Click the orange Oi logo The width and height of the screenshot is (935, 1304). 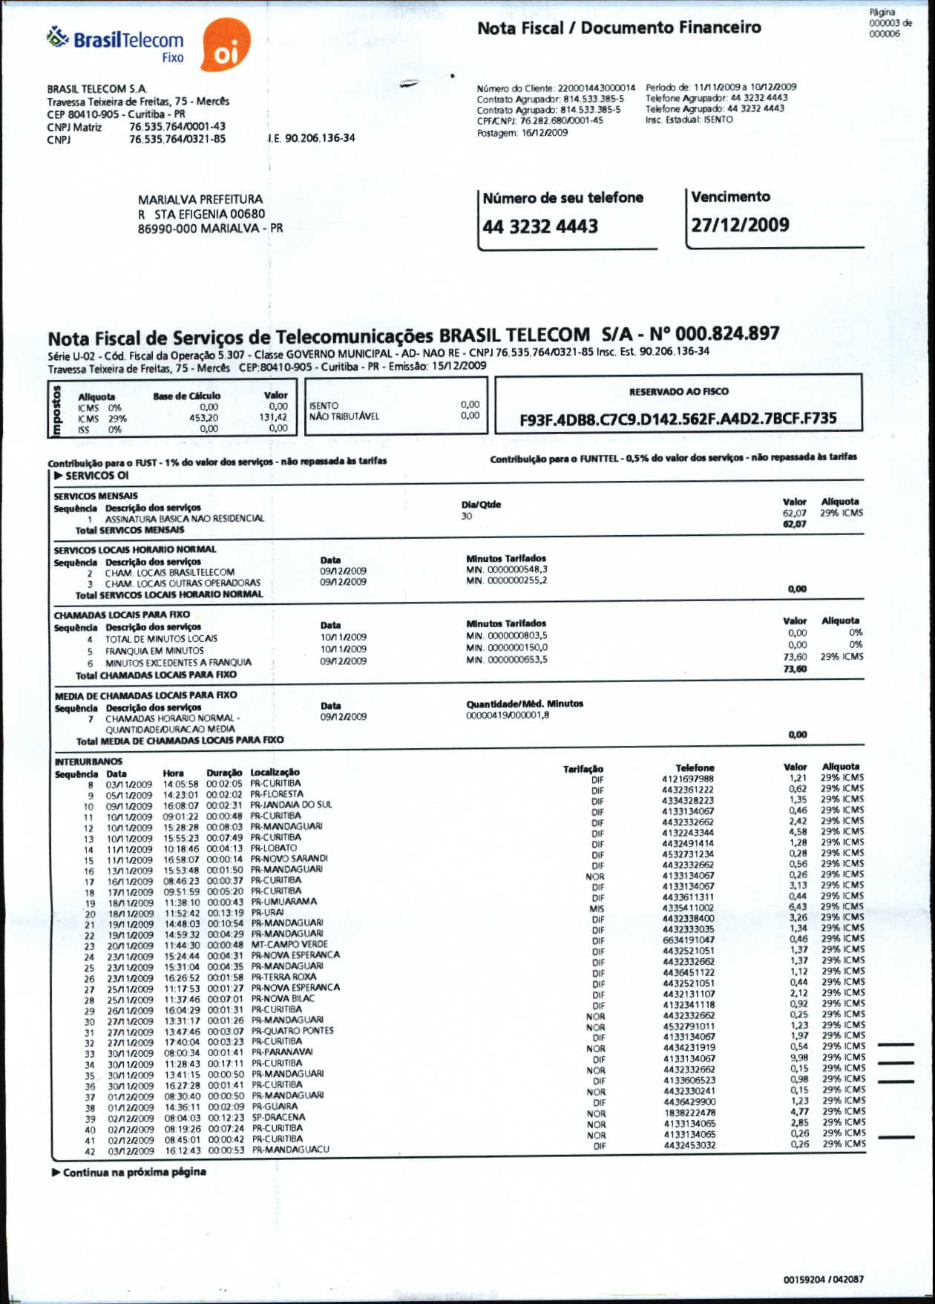[x=226, y=45]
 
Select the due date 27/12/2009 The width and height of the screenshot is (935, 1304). [x=740, y=226]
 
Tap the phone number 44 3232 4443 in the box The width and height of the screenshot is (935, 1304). [x=540, y=226]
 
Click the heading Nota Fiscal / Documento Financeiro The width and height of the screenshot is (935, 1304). [x=619, y=28]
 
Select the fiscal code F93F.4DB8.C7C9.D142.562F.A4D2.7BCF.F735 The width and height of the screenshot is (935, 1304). [x=678, y=419]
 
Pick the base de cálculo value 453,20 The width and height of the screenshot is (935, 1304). [x=203, y=418]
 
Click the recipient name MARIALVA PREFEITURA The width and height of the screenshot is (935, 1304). [x=200, y=200]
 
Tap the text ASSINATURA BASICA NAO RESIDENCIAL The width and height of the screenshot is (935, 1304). [x=184, y=519]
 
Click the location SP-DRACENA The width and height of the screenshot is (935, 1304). [x=278, y=1117]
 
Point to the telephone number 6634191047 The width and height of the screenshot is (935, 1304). [x=689, y=940]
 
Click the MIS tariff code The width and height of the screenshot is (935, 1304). [x=597, y=908]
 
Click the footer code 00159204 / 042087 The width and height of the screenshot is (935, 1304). [x=823, y=1280]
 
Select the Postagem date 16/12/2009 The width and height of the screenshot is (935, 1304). [x=545, y=133]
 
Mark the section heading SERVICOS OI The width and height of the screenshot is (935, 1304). [x=96, y=476]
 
